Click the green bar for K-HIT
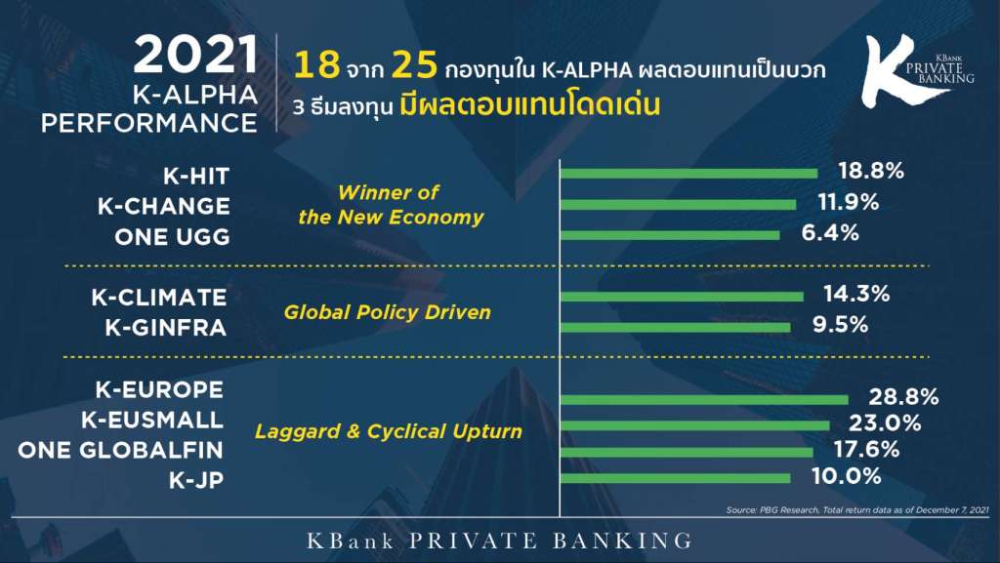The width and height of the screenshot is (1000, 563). [688, 174]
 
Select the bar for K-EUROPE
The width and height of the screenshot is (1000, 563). [704, 400]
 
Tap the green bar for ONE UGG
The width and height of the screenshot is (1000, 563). [670, 235]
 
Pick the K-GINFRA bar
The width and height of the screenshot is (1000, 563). [676, 327]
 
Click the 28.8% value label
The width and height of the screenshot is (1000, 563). [903, 397]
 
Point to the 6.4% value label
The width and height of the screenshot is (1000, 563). [830, 232]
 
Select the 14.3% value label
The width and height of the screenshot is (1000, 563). [855, 294]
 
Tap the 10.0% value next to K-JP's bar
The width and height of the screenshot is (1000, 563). [847, 476]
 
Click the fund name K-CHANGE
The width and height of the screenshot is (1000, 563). [164, 206]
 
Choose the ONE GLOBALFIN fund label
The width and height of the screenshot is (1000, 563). [120, 450]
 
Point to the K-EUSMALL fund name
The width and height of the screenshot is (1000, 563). [152, 420]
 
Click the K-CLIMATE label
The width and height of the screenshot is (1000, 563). [159, 298]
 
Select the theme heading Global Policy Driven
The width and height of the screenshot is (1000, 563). [387, 312]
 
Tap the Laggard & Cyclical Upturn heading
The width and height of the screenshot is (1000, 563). [389, 431]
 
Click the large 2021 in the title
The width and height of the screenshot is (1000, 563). [195, 55]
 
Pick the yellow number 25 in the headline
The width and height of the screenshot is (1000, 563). [414, 65]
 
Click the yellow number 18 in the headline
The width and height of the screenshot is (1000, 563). [316, 65]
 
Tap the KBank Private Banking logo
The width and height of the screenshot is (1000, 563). [917, 69]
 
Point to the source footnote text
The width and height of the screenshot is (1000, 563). [857, 509]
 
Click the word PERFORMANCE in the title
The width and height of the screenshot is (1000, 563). [149, 123]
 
